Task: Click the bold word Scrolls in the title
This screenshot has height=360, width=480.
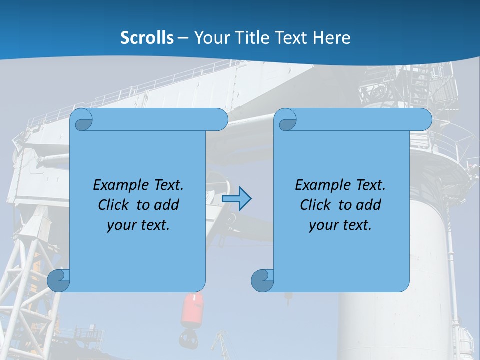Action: [147, 38]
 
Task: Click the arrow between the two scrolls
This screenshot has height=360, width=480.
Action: [237, 199]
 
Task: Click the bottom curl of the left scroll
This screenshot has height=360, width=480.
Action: [58, 280]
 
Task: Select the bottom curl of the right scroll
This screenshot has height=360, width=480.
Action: [262, 280]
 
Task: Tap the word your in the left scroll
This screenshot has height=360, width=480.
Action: [121, 225]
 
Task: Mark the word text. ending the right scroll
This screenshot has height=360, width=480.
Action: [356, 225]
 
